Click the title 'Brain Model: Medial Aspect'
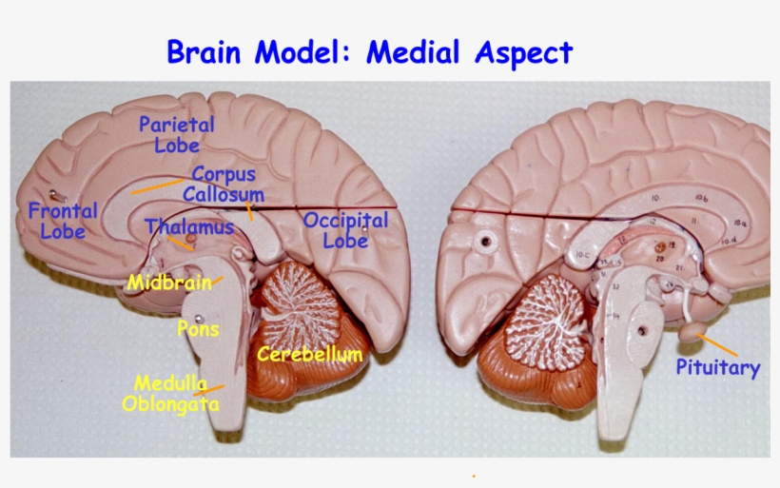[369, 51]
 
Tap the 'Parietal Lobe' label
[177, 134]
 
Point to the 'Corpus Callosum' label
[224, 184]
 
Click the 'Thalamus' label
[190, 227]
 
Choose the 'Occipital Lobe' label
[345, 229]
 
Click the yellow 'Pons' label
[198, 329]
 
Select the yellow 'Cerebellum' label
[310, 355]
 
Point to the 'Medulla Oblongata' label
[171, 393]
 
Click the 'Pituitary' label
[718, 367]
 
